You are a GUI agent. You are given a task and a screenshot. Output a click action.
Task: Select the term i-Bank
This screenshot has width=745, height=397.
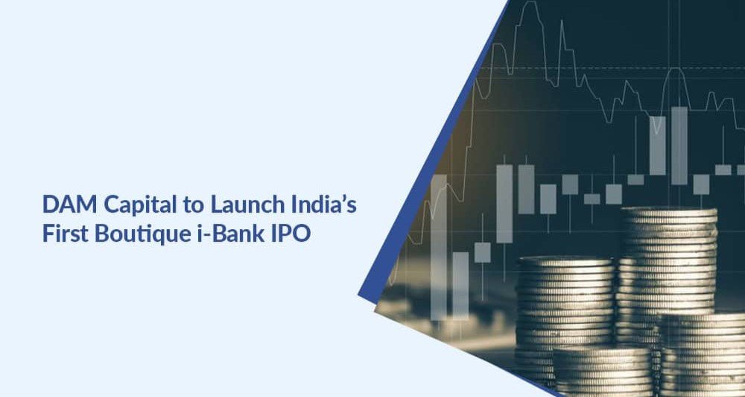(x=212, y=231)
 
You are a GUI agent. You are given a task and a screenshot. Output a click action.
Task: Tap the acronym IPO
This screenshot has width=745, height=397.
(x=285, y=231)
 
